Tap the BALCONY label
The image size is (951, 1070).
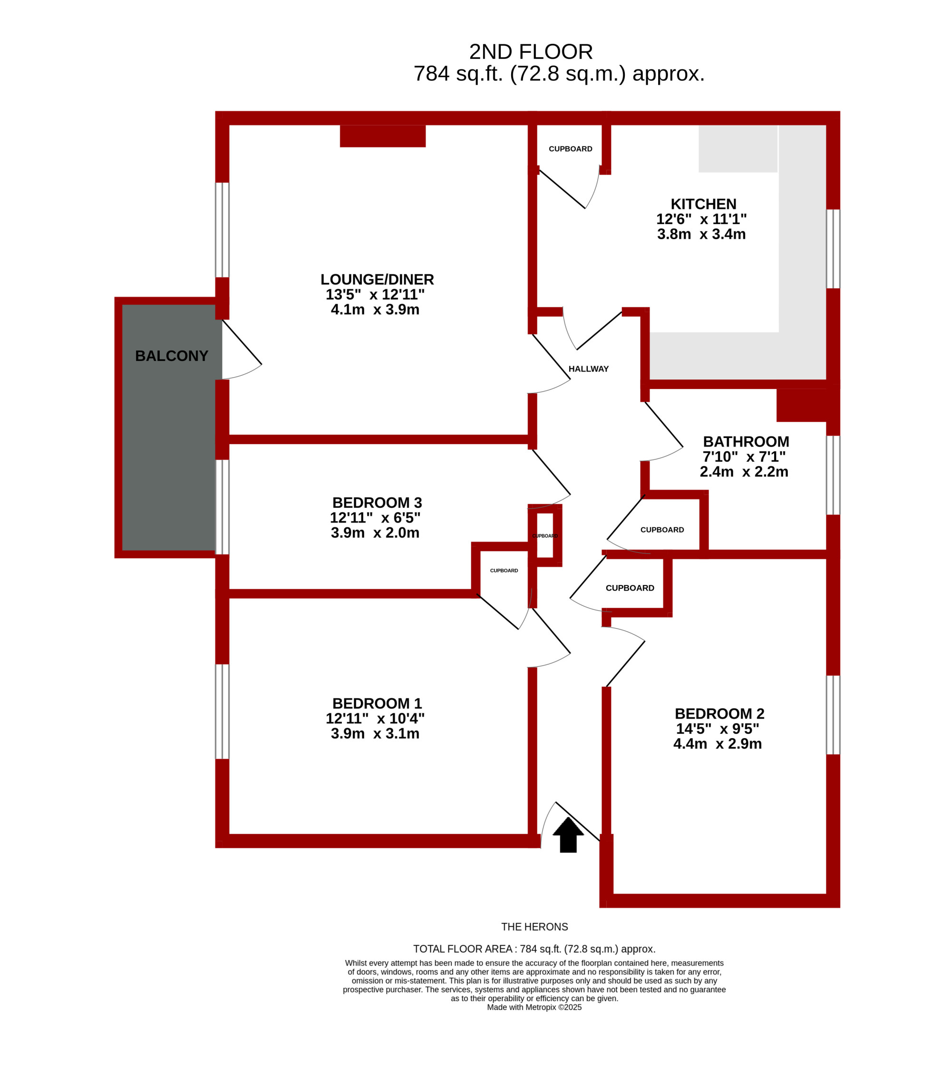coord(172,356)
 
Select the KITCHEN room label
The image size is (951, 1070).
coord(703,204)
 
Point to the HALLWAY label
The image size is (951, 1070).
coord(589,369)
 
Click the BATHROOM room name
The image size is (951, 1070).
coord(746,442)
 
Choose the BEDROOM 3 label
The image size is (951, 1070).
coord(377,503)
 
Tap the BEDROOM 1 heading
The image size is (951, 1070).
coord(377,703)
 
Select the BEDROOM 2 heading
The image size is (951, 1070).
coord(719,714)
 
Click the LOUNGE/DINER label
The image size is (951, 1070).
coord(378,280)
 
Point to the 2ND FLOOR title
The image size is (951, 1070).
coord(531,52)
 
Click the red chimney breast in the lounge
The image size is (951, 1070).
coord(383,136)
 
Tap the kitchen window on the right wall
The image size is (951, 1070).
coord(833,249)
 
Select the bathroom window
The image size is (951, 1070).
coord(833,476)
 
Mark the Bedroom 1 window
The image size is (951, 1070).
coord(223,712)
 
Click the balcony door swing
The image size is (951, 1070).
coord(242,350)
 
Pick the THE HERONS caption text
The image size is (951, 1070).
coord(534,927)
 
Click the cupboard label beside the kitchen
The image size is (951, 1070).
coord(571,149)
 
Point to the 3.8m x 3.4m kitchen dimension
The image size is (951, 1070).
coord(701,234)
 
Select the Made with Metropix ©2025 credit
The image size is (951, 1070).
coord(534,1008)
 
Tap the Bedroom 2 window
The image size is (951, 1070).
coord(833,715)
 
